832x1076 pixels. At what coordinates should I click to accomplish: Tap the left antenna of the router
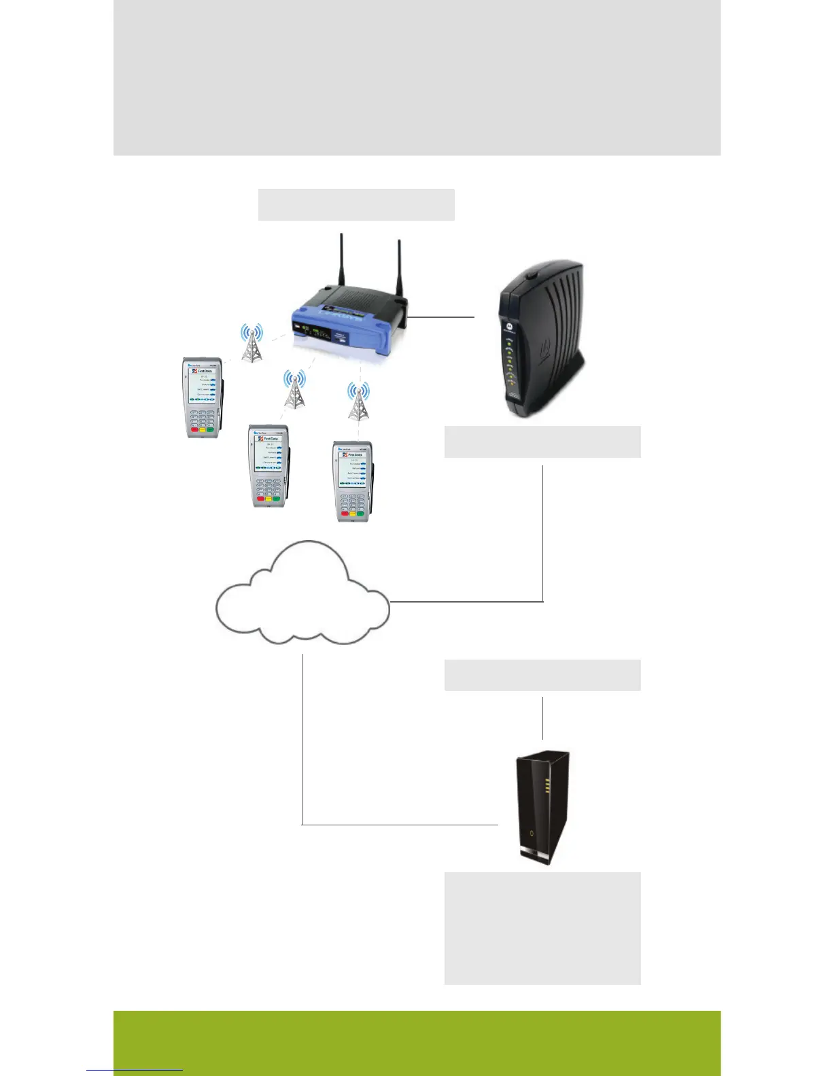point(342,262)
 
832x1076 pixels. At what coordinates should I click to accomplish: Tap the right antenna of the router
point(400,268)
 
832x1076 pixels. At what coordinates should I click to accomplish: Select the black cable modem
point(541,340)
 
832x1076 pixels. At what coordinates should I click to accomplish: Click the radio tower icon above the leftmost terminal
point(252,343)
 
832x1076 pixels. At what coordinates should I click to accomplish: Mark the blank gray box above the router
point(356,204)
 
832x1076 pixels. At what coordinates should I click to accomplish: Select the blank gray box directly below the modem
point(542,442)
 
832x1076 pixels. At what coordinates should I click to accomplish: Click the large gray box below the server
point(542,928)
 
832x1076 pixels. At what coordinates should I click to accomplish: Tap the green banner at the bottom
point(416,1043)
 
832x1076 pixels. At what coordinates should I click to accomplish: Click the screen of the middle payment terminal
point(269,450)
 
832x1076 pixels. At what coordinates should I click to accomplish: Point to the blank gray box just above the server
point(542,675)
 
